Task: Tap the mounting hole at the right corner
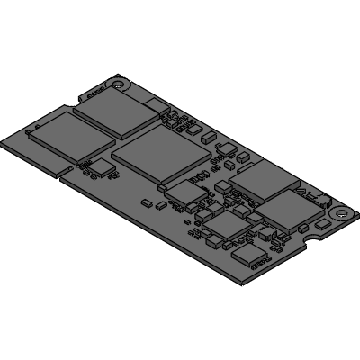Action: click(340, 213)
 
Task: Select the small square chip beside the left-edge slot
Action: click(105, 168)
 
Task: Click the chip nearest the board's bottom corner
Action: click(249, 258)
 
